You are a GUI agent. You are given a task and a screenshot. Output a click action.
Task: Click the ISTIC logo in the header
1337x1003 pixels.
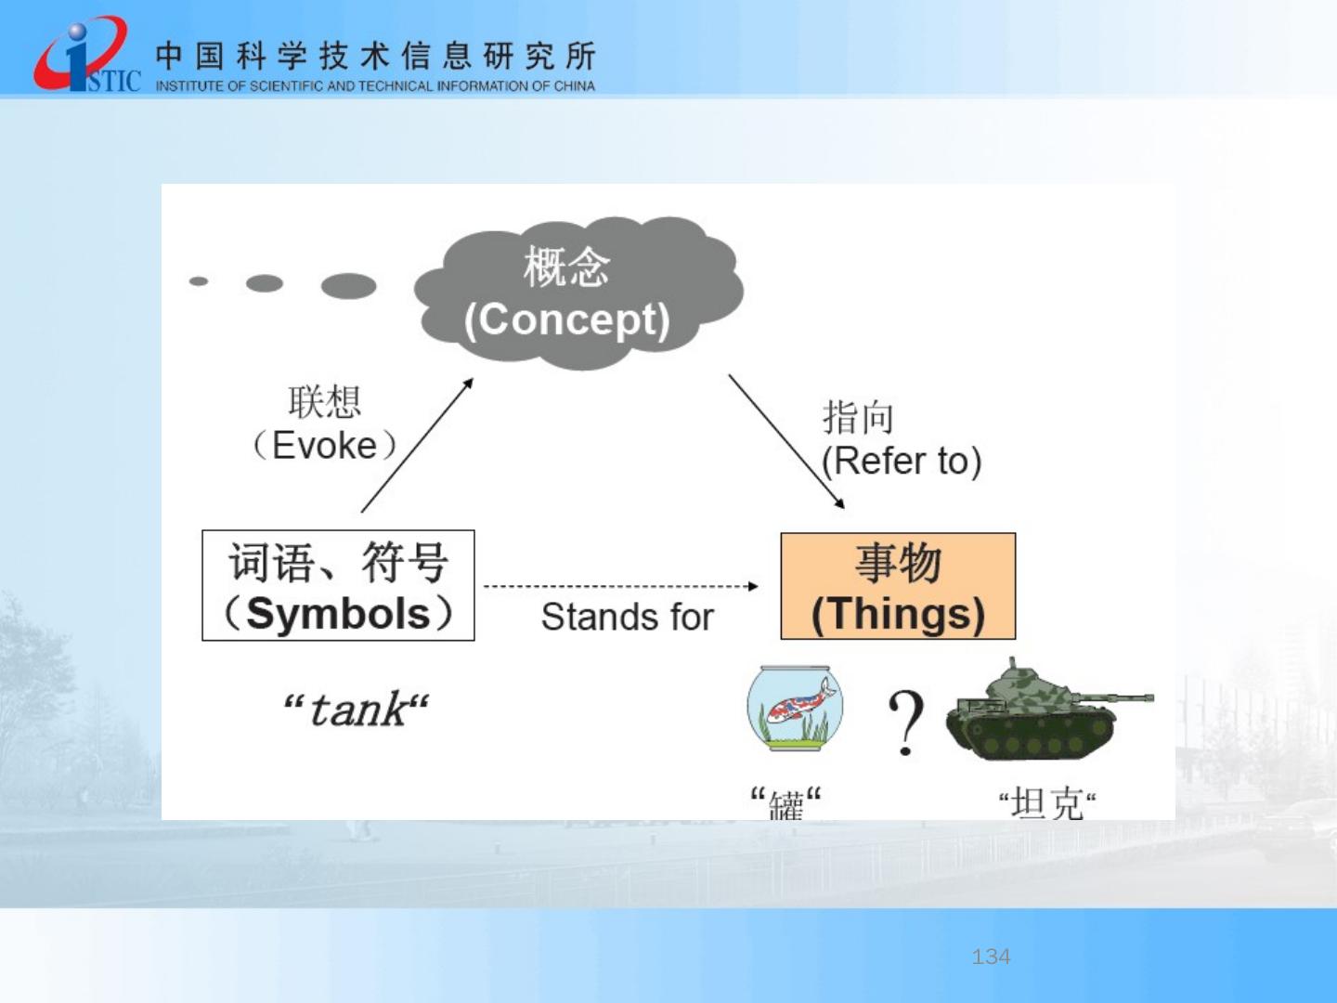pos(87,55)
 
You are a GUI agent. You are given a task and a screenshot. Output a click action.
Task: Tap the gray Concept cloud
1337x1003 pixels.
pos(578,293)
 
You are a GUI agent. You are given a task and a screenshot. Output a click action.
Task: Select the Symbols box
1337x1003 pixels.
pos(338,585)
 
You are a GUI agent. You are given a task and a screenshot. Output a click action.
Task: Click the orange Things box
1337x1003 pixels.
pos(898,586)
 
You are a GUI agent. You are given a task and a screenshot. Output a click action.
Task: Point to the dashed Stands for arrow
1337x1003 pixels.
pos(621,586)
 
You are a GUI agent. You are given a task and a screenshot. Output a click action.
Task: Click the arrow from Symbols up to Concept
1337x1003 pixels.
pos(417,445)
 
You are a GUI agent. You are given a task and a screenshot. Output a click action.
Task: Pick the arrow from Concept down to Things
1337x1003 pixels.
pos(786,441)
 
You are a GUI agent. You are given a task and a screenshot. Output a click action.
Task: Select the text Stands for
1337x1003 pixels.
pos(628,617)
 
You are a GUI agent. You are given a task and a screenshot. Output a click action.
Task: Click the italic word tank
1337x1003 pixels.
pos(357,710)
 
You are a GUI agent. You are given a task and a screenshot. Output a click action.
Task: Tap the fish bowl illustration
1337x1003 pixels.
pos(795,708)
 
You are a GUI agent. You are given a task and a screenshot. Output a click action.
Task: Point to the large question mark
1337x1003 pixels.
pos(906,723)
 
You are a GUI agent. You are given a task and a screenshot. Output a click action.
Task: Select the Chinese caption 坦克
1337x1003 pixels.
pos(1047,803)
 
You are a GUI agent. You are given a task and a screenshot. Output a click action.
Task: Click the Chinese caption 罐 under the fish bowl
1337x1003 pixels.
pos(786,803)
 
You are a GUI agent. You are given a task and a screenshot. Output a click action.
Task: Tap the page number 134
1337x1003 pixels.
pos(991,957)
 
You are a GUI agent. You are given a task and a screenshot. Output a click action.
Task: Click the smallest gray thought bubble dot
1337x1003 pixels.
pos(199,281)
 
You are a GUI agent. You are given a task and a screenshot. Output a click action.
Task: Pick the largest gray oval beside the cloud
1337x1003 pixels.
pos(348,286)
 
